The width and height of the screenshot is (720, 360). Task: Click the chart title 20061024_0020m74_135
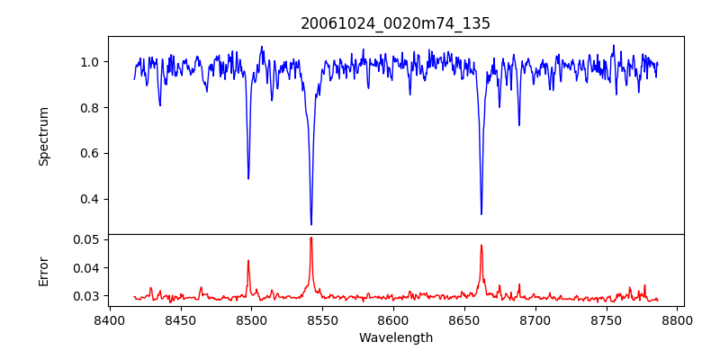tap(395, 23)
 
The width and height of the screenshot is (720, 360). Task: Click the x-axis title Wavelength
tap(395, 338)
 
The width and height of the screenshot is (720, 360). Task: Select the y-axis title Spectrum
tap(43, 136)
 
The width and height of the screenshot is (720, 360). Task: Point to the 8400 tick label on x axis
tap(109, 319)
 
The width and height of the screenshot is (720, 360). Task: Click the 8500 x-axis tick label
tap(251, 319)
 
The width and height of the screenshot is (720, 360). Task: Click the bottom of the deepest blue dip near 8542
tap(311, 224)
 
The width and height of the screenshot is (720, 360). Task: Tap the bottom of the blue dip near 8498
tap(248, 178)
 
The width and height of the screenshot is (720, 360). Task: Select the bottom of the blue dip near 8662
tap(481, 213)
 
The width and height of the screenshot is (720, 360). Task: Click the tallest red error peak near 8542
tap(311, 238)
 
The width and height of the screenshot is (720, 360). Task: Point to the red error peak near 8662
tap(481, 246)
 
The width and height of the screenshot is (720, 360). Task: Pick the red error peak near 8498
tap(248, 261)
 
